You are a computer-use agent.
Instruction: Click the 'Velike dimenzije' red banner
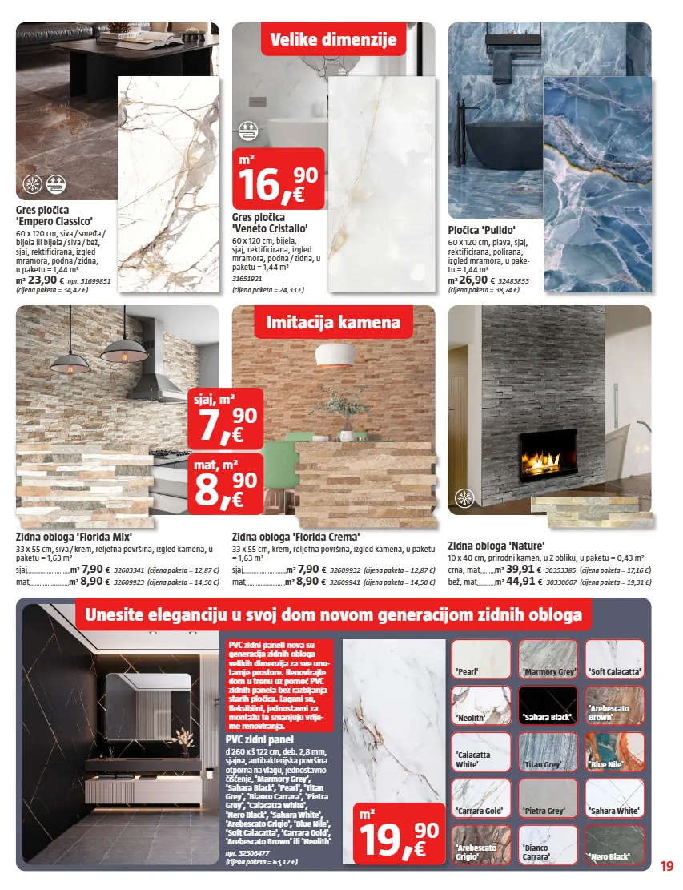[x=333, y=39]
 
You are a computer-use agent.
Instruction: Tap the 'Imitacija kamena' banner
[x=333, y=323]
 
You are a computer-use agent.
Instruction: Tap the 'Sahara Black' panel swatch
[x=548, y=705]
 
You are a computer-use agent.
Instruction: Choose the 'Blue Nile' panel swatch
[x=615, y=751]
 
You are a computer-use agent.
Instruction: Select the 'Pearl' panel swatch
[x=481, y=659]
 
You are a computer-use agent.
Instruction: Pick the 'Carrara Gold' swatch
[x=481, y=798]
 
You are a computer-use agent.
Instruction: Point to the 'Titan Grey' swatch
[x=548, y=751]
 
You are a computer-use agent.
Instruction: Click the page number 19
[x=667, y=865]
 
